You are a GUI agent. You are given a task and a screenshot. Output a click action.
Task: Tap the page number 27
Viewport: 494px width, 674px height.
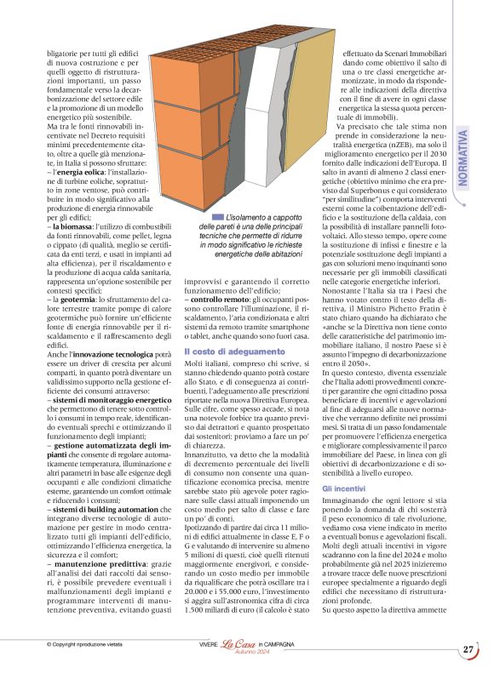(x=468, y=649)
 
